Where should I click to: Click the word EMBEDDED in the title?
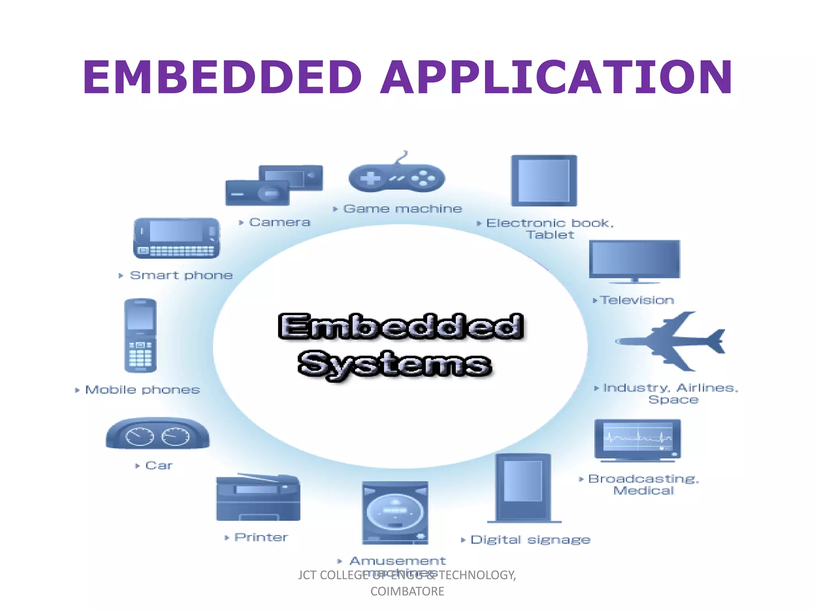222,77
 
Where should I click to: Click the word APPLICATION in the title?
556,77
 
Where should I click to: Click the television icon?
634,261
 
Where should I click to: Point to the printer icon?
258,498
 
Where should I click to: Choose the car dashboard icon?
158,434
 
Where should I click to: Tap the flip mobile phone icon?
140,336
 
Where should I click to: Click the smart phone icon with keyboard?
176,238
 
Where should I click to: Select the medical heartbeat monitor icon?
638,440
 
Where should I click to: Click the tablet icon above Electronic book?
544,181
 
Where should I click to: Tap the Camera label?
279,222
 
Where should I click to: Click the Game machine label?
402,209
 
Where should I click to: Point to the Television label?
637,300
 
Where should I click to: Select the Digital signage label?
530,540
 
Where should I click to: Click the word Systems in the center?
395,364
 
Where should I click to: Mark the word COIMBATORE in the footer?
407,592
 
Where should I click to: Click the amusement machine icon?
395,513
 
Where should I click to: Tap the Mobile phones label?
142,390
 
